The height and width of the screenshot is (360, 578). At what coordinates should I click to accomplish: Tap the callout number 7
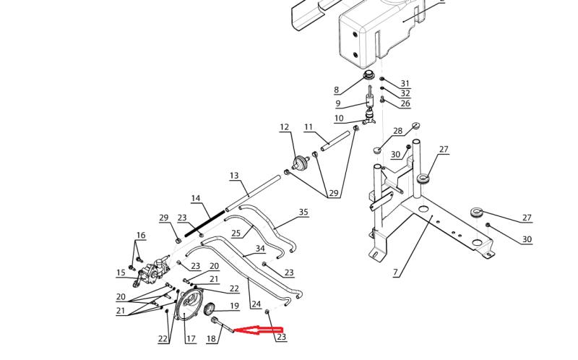click(395, 273)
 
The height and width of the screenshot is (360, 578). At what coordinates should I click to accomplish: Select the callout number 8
click(336, 90)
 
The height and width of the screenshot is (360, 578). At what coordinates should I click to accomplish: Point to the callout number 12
click(284, 127)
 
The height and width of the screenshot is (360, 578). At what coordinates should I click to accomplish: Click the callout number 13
click(233, 176)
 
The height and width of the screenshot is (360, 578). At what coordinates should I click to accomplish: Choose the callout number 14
click(195, 198)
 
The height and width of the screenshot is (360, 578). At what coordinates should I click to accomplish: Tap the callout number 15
click(121, 273)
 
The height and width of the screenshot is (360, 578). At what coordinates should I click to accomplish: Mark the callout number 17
click(191, 338)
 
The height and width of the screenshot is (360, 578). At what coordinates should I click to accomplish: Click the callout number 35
click(303, 212)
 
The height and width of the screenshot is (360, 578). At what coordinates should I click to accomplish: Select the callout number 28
click(397, 131)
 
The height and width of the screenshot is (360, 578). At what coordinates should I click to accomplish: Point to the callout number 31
click(405, 84)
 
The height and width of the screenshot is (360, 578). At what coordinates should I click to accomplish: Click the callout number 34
click(260, 249)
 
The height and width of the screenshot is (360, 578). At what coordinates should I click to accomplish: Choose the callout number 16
click(140, 235)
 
